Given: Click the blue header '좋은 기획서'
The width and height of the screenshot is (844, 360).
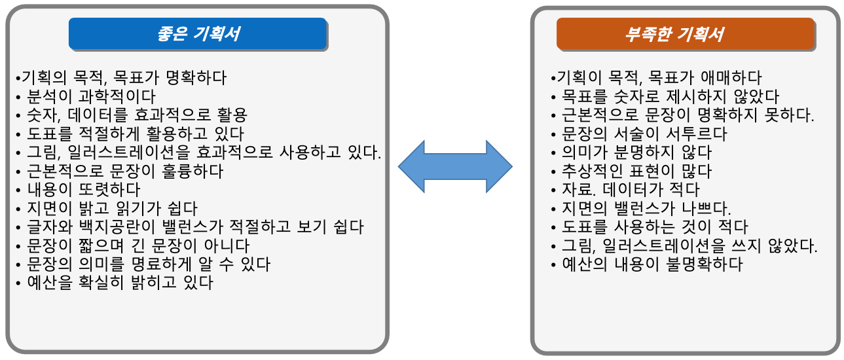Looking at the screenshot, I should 197,34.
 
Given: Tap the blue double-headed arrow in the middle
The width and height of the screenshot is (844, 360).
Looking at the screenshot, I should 455,166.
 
